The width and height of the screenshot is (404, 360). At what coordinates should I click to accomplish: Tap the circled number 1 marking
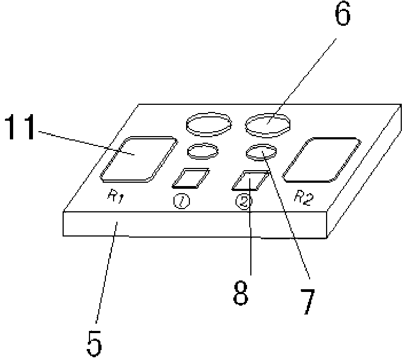click(181, 201)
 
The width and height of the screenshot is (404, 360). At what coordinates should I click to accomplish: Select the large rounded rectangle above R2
click(321, 159)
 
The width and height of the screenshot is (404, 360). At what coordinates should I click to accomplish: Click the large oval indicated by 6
click(267, 124)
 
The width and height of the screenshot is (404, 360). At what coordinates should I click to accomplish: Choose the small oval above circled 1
click(203, 150)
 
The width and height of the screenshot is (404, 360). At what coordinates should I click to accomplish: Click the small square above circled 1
click(190, 177)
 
